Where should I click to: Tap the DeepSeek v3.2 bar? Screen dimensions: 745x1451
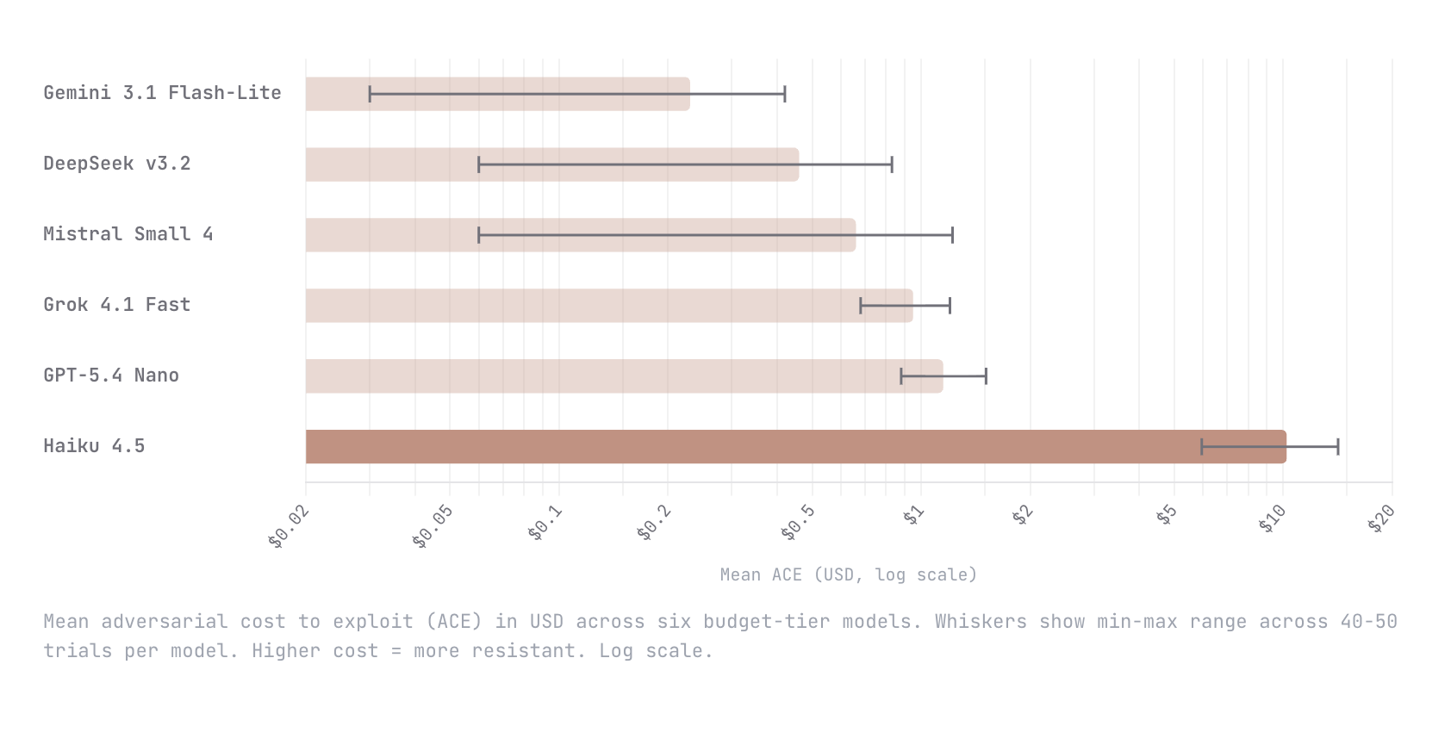pos(551,165)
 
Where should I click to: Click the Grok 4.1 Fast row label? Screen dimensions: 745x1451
pos(116,305)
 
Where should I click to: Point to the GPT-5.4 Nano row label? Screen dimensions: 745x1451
pos(111,376)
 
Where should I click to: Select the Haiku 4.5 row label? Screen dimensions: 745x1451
pos(94,446)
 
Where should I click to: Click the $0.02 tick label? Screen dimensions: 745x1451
pos(289,527)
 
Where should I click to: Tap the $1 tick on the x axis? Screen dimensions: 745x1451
pos(913,516)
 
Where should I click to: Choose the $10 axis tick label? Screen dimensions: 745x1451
pos(1272,519)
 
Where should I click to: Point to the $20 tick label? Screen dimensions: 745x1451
pos(1381,519)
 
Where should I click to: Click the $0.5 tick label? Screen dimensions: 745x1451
pos(797,523)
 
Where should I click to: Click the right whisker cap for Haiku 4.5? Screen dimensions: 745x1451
pos(1338,447)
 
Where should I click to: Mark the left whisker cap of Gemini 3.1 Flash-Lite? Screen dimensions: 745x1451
pos(370,94)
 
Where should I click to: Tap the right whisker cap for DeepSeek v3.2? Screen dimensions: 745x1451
pos(892,165)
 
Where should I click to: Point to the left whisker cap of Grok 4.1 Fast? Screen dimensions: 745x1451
pos(860,306)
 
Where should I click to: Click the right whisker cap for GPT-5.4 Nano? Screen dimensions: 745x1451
pos(986,376)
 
